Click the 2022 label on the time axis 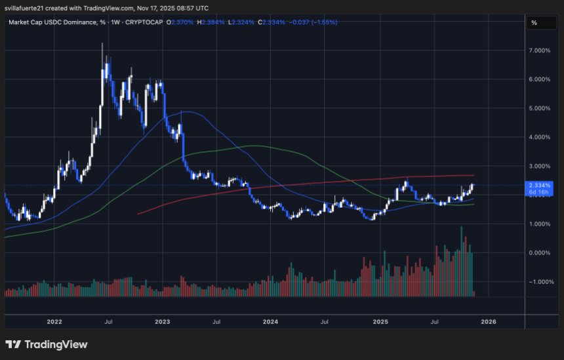(54, 322)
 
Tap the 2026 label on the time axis (488, 322)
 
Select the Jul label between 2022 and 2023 (109, 322)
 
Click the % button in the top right (534, 22)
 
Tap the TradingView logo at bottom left (47, 344)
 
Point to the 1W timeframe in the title (113, 22)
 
